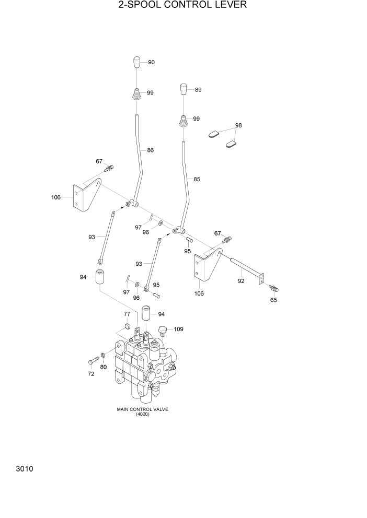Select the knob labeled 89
(184, 89)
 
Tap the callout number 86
(151, 150)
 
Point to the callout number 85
(197, 179)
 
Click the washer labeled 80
(103, 356)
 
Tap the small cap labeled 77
(127, 327)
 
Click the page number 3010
(25, 469)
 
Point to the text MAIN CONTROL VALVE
(142, 409)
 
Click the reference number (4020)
(142, 415)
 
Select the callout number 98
(238, 126)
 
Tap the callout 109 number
(179, 329)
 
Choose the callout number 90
(151, 62)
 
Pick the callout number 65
(273, 300)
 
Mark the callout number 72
(91, 374)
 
